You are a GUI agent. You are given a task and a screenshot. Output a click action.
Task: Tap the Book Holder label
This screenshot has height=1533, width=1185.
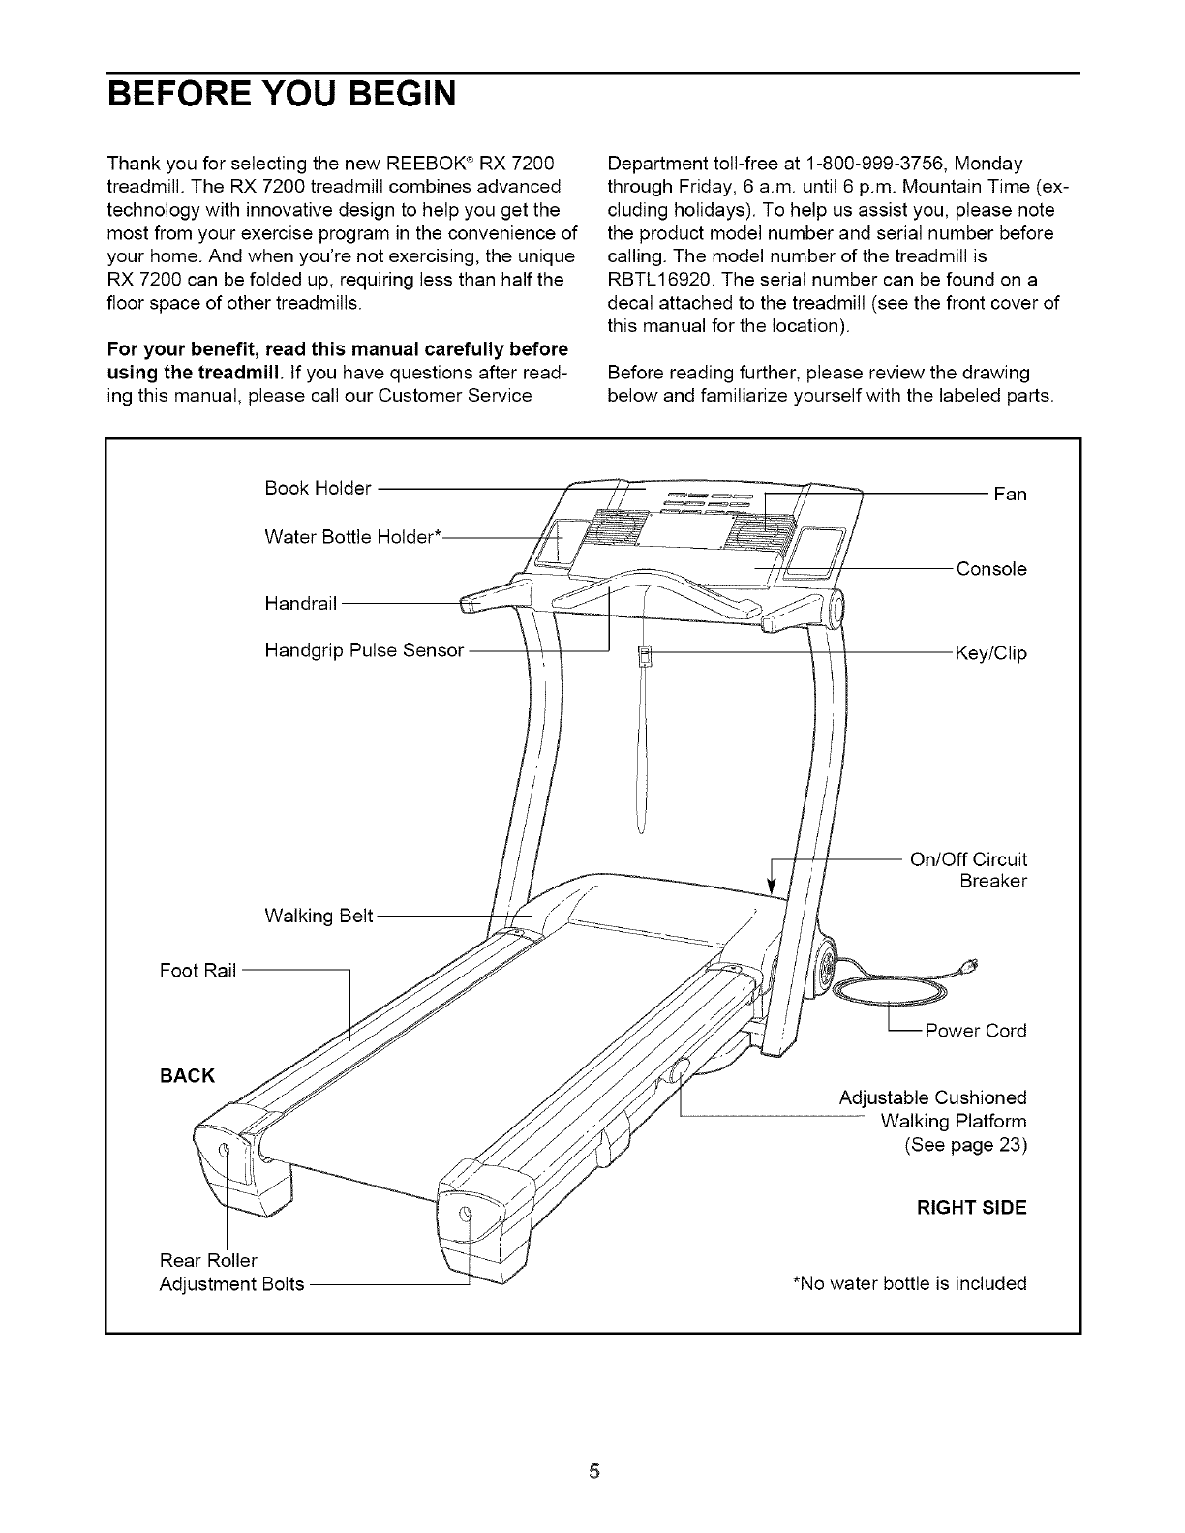[318, 488]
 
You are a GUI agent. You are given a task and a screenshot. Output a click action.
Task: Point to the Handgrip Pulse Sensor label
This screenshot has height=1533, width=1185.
[364, 649]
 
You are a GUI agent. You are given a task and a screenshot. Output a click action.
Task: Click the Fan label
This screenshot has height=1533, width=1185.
[1010, 495]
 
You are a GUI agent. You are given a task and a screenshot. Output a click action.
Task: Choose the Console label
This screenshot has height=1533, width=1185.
[991, 569]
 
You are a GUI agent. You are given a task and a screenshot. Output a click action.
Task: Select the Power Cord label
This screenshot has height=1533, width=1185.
[976, 1031]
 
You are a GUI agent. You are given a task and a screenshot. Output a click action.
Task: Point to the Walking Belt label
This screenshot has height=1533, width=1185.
[319, 916]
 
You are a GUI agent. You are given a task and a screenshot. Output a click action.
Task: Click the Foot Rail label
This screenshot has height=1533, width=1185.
[197, 971]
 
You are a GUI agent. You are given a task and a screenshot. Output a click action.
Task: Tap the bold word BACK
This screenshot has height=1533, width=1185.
[187, 1075]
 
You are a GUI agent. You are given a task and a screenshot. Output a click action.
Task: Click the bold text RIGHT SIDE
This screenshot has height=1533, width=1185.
[971, 1208]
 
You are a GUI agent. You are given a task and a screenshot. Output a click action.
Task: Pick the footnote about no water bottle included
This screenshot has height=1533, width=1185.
[909, 1284]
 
